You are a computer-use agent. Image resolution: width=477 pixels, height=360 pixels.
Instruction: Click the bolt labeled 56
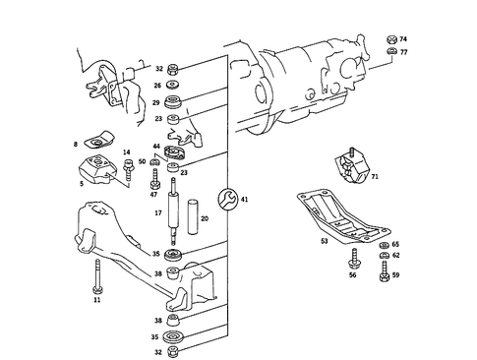[350, 259]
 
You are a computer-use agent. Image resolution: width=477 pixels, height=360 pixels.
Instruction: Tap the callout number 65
[396, 244]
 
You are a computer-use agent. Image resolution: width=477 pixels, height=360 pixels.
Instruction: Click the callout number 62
[396, 255]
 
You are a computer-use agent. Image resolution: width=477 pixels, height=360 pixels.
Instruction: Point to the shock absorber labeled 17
[174, 211]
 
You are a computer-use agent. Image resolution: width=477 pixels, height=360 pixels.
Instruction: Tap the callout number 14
[126, 152]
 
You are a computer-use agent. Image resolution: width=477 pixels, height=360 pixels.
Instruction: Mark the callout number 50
[143, 161]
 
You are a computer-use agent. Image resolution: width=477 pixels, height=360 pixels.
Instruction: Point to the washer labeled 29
[174, 102]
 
